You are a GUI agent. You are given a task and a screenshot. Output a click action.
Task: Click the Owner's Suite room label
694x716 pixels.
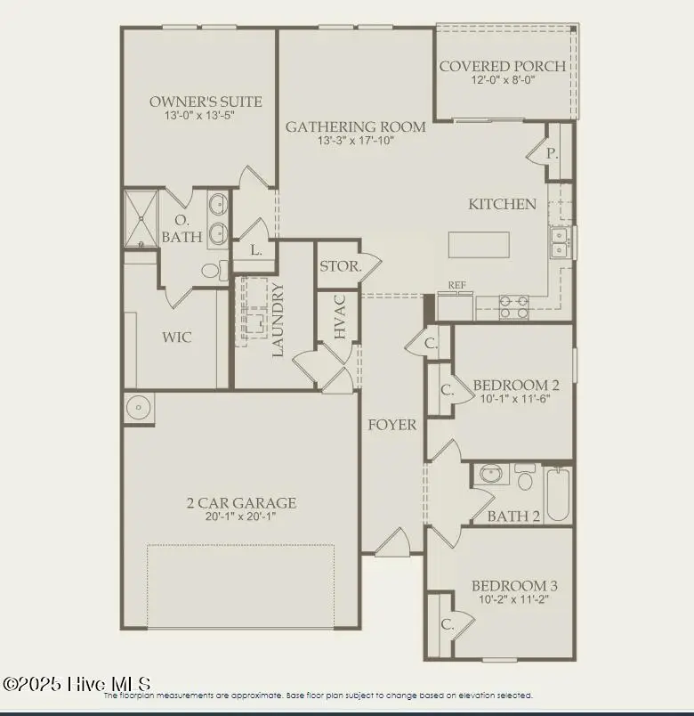tap(192, 102)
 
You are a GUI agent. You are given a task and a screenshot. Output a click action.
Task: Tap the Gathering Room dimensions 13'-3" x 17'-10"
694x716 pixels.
tap(355, 141)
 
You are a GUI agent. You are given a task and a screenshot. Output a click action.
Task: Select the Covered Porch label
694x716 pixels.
tap(502, 66)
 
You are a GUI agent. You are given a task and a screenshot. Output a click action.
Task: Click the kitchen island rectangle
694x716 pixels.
tap(479, 245)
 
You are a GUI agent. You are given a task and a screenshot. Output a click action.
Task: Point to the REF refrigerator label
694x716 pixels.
tap(457, 286)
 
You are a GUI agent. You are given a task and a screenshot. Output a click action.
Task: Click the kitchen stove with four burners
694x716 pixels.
tap(514, 306)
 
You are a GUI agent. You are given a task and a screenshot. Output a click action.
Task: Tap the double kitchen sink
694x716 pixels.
tap(560, 241)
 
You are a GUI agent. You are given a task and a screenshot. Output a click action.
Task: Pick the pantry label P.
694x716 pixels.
tap(553, 153)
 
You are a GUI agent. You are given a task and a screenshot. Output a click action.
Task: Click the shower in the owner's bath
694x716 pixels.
tap(140, 218)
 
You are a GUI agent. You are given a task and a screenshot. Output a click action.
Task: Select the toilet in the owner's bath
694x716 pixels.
tap(212, 270)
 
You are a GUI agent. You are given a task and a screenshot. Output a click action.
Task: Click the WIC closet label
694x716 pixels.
tap(176, 338)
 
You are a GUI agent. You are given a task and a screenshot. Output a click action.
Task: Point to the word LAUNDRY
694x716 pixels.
tap(278, 320)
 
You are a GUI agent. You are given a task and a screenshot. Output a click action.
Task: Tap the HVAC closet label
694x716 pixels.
tap(340, 316)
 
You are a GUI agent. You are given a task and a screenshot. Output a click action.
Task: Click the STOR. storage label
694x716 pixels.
tap(339, 266)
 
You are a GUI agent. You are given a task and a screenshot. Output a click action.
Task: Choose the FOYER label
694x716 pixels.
tap(392, 425)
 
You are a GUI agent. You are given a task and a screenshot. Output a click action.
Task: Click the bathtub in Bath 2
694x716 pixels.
tap(558, 495)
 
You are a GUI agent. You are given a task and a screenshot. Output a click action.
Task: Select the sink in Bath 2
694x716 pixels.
tap(490, 474)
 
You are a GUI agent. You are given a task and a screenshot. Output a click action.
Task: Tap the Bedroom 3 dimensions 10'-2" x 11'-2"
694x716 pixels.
tap(514, 599)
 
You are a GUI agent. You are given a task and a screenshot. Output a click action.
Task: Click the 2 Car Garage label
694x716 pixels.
tap(236, 503)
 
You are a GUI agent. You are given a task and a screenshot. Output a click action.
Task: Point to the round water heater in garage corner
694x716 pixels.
tap(139, 408)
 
